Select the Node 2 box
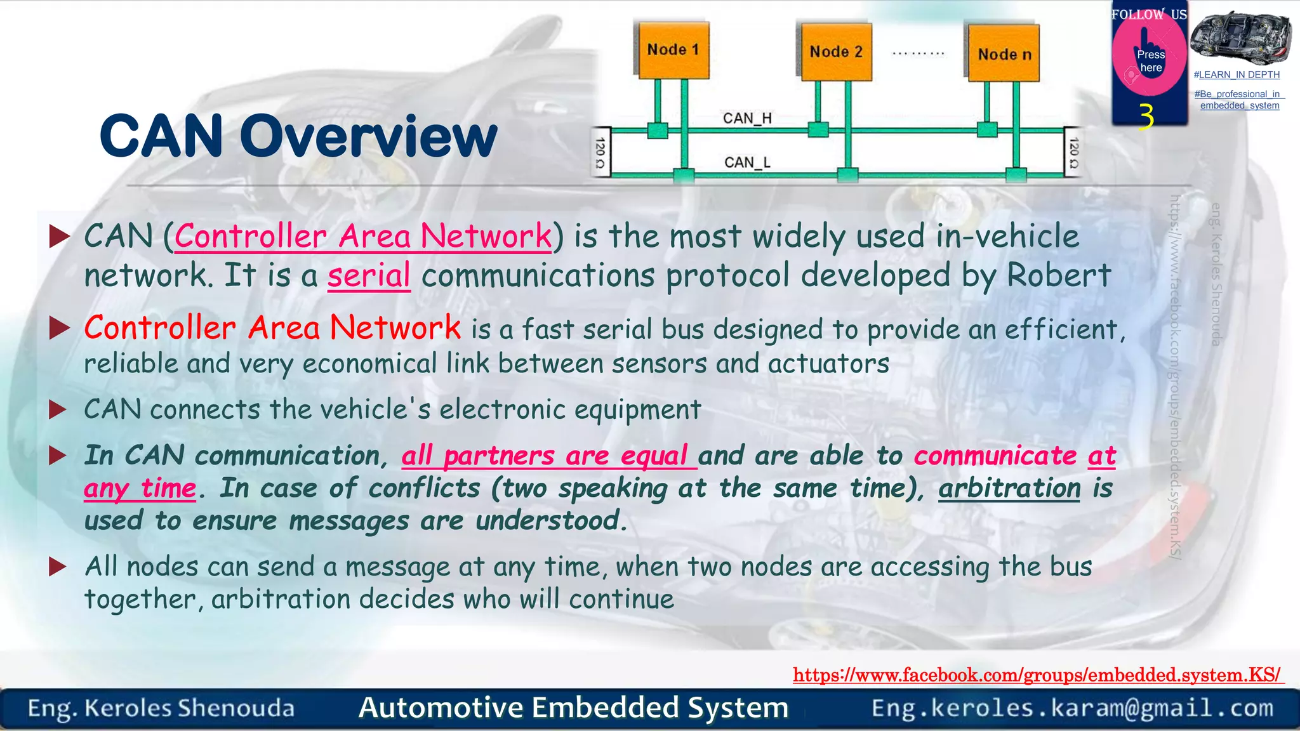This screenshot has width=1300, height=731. [x=836, y=52]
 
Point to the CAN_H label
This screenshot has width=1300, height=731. [x=747, y=119]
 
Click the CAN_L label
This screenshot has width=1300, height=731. [x=747, y=162]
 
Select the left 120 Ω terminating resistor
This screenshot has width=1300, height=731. [x=600, y=153]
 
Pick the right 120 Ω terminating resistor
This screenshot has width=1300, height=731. [x=1073, y=153]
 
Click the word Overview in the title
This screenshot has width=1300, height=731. [x=368, y=136]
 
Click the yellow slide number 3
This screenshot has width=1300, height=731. [x=1146, y=117]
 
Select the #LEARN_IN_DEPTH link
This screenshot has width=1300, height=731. [x=1237, y=75]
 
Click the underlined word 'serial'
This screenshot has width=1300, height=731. [x=369, y=276]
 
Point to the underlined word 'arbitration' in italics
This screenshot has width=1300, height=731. [x=1009, y=489]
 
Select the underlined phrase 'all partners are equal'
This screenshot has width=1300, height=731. [x=548, y=456]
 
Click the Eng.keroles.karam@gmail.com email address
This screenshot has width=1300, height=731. [x=1072, y=708]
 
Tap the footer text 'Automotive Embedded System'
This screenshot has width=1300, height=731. [x=573, y=708]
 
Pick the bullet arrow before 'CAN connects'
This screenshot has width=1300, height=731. [x=58, y=409]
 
